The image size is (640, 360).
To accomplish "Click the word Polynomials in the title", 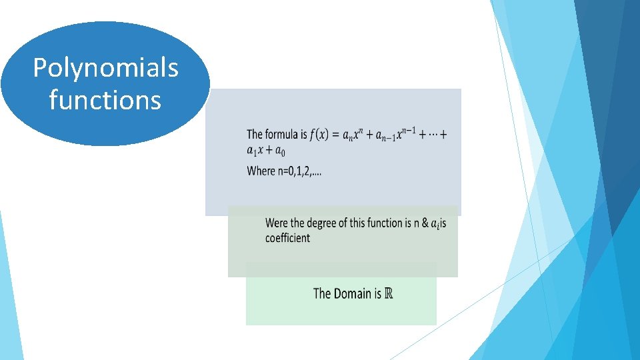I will (x=105, y=69).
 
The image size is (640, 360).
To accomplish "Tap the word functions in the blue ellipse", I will (x=105, y=101).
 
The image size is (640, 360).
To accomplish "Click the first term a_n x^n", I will (x=354, y=135).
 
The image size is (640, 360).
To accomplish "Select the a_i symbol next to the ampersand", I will (x=435, y=223).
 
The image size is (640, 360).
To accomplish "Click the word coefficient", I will (x=287, y=238).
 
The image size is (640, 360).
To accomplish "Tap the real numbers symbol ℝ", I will (x=389, y=293).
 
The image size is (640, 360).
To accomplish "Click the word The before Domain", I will (x=322, y=293).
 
